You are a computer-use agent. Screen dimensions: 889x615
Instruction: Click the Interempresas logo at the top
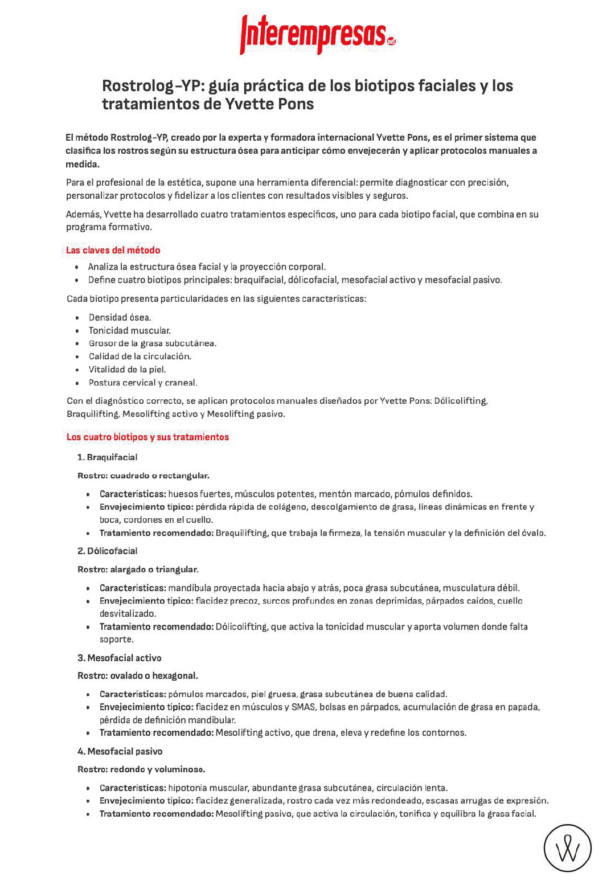tap(317, 34)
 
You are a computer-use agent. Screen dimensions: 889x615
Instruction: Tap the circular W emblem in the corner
tap(567, 848)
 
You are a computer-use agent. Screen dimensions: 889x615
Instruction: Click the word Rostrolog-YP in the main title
tap(152, 86)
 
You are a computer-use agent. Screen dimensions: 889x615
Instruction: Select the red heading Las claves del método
tap(113, 250)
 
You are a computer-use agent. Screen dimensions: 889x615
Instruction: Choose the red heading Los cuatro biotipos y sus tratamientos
tap(147, 437)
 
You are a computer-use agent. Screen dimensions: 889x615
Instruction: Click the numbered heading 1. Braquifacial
tap(107, 457)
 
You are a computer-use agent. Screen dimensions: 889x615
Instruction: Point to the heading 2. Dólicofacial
tap(107, 551)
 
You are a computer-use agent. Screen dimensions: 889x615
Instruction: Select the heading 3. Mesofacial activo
tap(119, 658)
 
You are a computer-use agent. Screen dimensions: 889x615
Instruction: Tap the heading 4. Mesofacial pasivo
tap(120, 751)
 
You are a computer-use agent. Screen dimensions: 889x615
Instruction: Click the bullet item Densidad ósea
tap(120, 317)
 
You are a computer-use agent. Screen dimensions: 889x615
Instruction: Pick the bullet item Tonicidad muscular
tap(129, 330)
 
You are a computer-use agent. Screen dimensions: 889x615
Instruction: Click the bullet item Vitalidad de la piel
tap(127, 369)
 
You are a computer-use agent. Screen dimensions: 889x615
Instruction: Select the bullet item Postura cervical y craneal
tap(142, 383)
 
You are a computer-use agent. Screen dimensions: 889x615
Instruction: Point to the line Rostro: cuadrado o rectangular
tap(143, 476)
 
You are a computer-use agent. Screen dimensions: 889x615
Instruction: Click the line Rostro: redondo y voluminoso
tap(141, 769)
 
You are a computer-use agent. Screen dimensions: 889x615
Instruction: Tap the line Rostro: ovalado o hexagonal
tap(137, 675)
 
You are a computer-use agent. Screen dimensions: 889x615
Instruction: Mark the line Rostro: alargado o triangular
tap(138, 569)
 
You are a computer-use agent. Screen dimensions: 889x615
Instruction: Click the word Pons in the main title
tap(296, 104)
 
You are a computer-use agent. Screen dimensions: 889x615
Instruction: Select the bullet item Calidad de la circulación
tap(140, 357)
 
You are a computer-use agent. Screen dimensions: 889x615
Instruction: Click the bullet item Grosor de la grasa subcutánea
tap(152, 343)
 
